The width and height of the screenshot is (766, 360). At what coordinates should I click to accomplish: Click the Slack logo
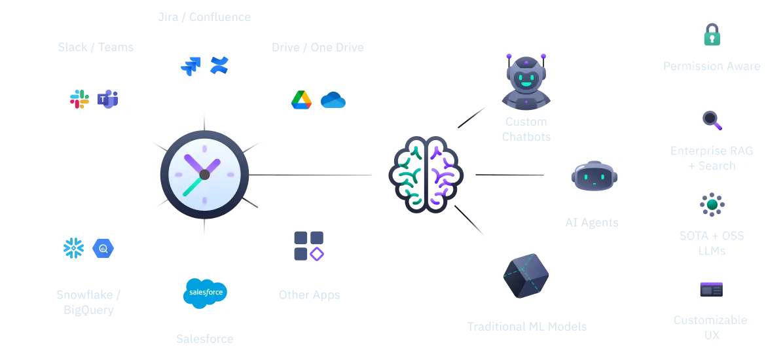79,99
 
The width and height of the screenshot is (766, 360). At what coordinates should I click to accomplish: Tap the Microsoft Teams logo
107,99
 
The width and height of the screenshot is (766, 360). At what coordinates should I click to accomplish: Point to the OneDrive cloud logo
333,100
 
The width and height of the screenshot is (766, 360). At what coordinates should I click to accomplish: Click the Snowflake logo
73,247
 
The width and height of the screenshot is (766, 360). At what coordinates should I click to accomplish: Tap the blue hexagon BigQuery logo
103,247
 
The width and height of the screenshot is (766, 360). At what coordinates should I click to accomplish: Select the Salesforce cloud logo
204,291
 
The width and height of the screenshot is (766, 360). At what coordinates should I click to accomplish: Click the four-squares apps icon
309,246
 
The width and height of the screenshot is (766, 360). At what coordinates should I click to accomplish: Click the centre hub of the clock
204,174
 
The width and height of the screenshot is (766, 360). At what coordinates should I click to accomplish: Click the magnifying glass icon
712,120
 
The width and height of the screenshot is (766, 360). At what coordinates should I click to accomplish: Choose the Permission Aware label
712,66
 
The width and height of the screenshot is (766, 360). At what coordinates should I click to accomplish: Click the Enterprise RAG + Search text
712,158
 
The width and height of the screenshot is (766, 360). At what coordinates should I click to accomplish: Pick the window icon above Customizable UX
712,289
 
